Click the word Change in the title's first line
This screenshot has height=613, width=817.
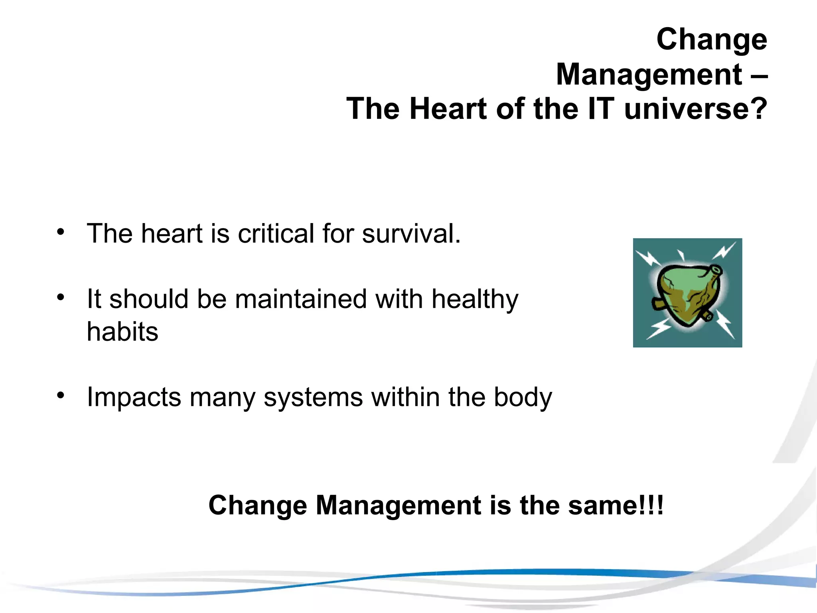coord(711,40)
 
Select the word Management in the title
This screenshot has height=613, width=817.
coord(649,75)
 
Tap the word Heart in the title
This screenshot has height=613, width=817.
coord(448,109)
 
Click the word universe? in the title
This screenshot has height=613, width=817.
coord(695,109)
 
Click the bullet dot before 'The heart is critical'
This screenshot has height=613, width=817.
coord(60,232)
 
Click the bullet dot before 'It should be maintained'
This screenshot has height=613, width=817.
coord(60,297)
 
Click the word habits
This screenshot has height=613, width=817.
coord(122,332)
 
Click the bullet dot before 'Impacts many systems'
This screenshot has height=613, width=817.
coord(60,395)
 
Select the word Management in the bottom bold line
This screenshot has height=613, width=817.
coord(399,506)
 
